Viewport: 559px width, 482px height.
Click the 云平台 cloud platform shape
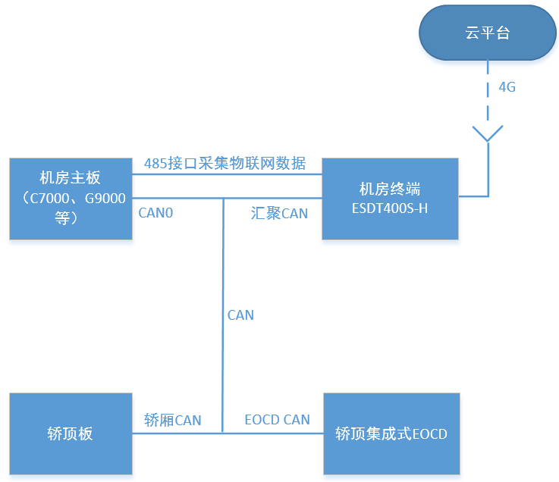pos(487,34)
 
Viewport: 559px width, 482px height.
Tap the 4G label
pos(507,87)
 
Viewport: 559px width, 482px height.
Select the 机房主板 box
pos(71,199)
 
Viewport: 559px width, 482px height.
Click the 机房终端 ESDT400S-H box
pos(390,199)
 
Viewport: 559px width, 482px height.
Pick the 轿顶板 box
pos(71,434)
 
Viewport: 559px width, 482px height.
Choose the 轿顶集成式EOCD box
pos(391,434)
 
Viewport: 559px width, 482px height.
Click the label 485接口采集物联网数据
pos(225,163)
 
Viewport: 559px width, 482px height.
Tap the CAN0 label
pos(156,213)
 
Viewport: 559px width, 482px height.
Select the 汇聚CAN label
pos(279,213)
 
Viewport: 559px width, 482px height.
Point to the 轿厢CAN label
pos(173,420)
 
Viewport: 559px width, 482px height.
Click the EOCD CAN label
pos(277,420)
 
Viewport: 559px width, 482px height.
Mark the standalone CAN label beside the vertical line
pos(240,315)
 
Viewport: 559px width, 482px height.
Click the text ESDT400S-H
pos(390,208)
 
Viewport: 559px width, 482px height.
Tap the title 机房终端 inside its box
pos(390,189)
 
